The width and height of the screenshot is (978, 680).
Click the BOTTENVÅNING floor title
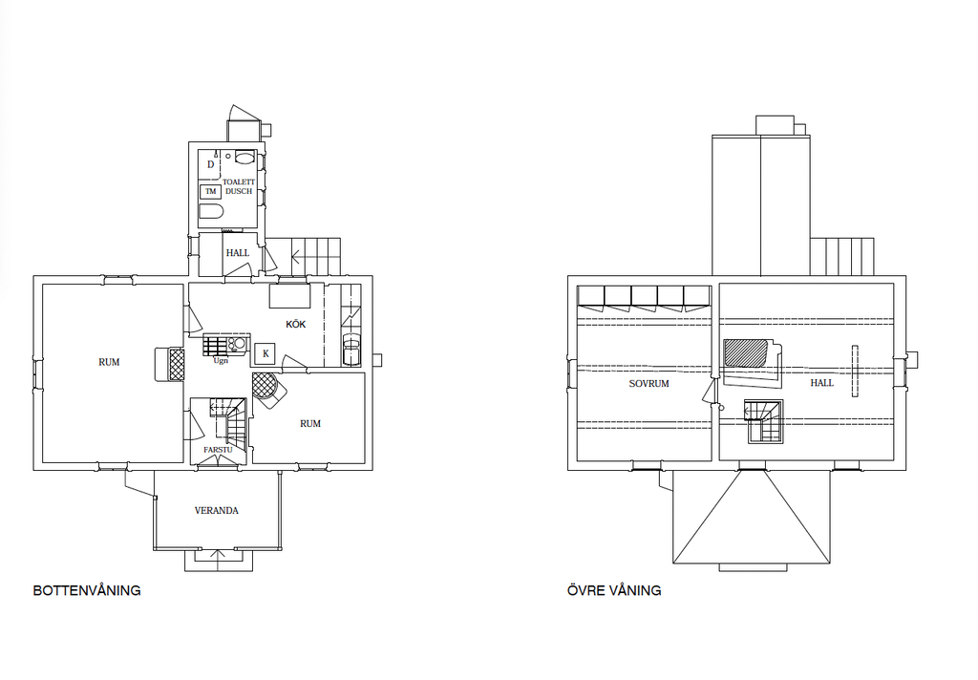87,590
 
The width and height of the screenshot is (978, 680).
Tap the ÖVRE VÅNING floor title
614,590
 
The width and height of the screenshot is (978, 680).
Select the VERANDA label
217,510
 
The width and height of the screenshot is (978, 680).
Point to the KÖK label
296,325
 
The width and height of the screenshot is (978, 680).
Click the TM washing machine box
211,192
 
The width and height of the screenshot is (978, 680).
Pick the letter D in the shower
211,164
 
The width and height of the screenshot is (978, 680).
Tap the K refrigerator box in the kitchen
266,353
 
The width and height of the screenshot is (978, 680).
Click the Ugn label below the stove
221,361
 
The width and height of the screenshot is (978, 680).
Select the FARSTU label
219,449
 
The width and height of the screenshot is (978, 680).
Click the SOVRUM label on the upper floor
648,384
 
